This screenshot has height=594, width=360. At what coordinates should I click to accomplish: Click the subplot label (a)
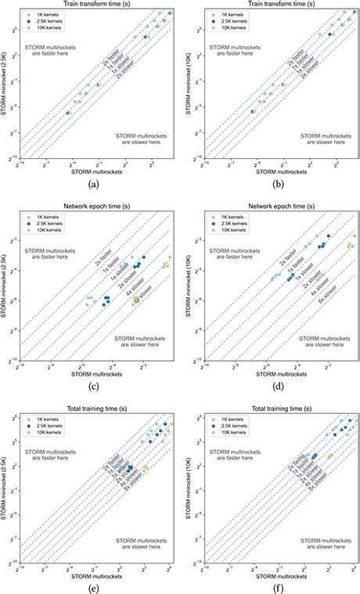point(93,184)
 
